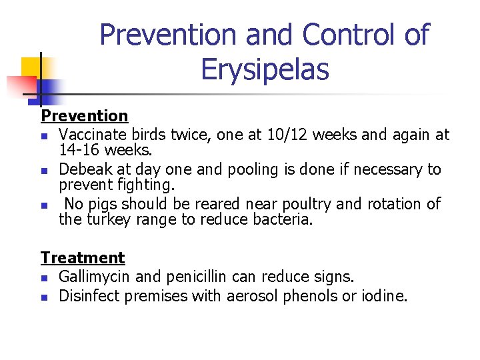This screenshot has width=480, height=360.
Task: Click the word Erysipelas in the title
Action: tap(265, 69)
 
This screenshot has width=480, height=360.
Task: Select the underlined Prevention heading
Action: tap(84, 117)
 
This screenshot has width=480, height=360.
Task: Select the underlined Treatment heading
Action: tap(83, 257)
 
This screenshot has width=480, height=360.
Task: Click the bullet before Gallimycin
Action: tap(44, 277)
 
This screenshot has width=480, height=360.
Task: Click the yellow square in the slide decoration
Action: tap(32, 67)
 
